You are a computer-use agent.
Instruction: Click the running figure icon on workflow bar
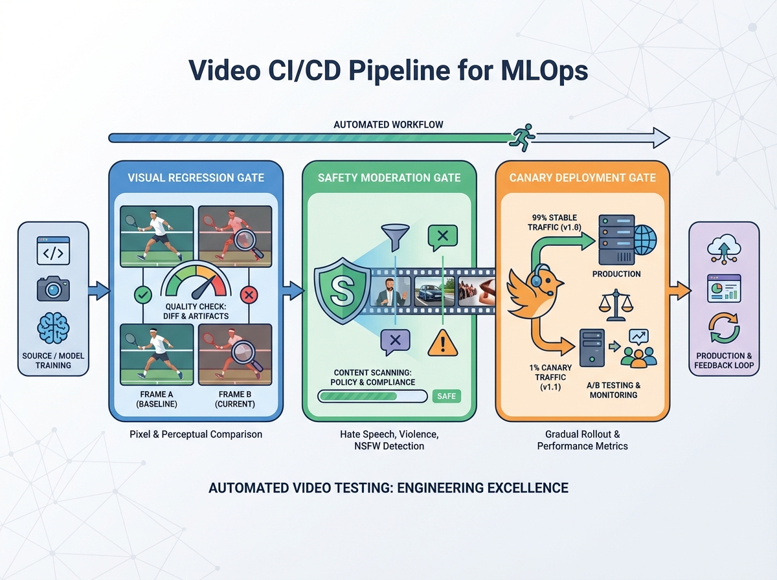522,137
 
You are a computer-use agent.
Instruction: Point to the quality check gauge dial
195,283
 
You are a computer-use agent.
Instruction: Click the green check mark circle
142,295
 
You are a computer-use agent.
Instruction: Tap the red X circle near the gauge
248,295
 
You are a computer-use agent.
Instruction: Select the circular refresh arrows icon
724,328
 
